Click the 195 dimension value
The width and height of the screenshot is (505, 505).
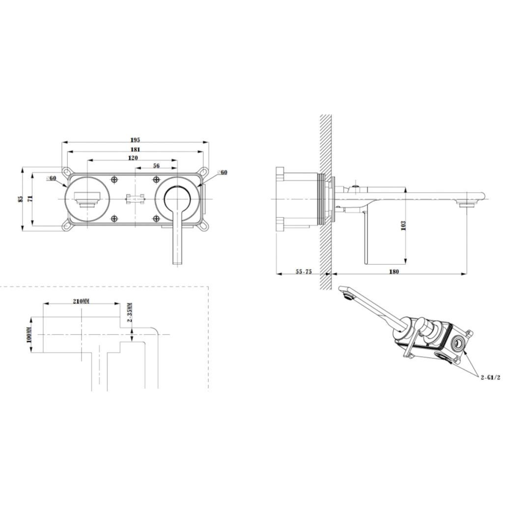136,140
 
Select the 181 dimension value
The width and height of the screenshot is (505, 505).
136,149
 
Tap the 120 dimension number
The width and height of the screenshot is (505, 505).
133,158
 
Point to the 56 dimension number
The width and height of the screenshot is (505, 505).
156,166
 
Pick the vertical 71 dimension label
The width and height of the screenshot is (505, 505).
30,199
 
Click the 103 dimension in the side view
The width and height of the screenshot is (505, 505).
403,225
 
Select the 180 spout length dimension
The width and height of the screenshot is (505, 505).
394,272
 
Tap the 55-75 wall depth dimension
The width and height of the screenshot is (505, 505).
304,272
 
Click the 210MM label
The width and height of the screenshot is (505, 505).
81,301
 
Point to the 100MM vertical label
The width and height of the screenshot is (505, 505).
29,335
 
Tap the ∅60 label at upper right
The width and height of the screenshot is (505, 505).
222,172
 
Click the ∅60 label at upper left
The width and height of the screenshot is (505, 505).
52,178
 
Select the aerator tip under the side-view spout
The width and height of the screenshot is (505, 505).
464,203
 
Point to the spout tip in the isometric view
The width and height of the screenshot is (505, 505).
346,294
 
